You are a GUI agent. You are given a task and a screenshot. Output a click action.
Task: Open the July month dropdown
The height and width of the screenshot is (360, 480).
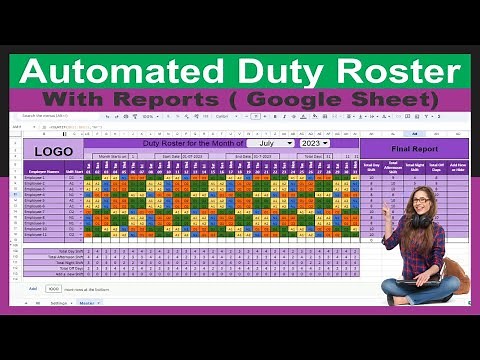(x=271, y=143)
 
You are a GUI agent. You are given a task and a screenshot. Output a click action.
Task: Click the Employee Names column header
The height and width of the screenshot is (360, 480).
(x=44, y=172)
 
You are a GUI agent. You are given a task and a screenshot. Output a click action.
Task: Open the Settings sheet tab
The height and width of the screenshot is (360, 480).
(x=59, y=302)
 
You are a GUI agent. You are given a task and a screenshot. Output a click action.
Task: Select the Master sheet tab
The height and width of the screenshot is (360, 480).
(x=87, y=302)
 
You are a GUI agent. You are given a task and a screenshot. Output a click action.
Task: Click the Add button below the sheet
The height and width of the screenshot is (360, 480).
(x=33, y=288)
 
